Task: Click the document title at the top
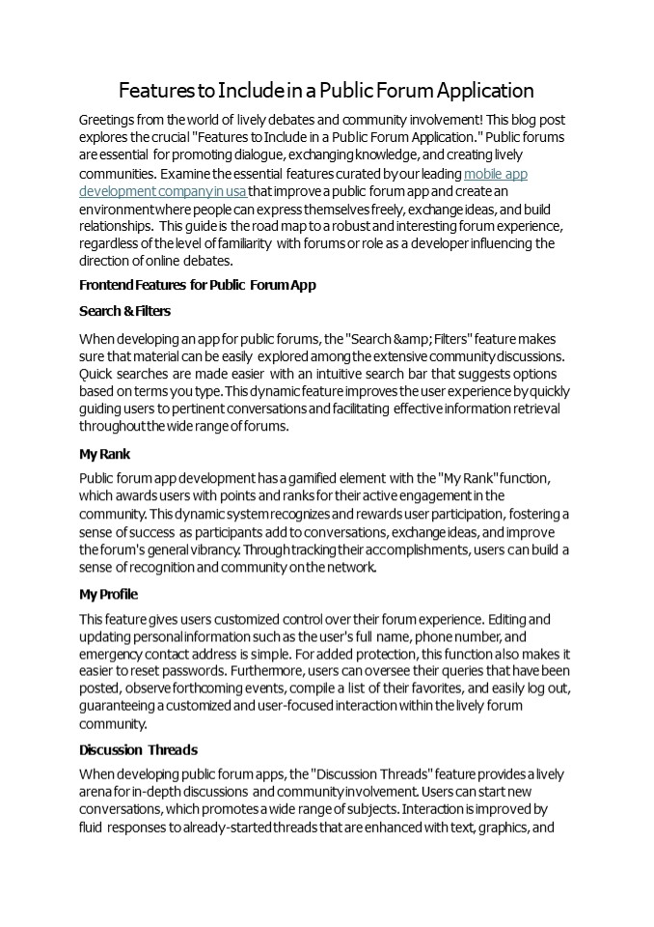pyautogui.click(x=326, y=91)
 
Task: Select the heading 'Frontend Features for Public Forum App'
pyautogui.click(x=197, y=285)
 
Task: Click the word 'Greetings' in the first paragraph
pyautogui.click(x=108, y=120)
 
